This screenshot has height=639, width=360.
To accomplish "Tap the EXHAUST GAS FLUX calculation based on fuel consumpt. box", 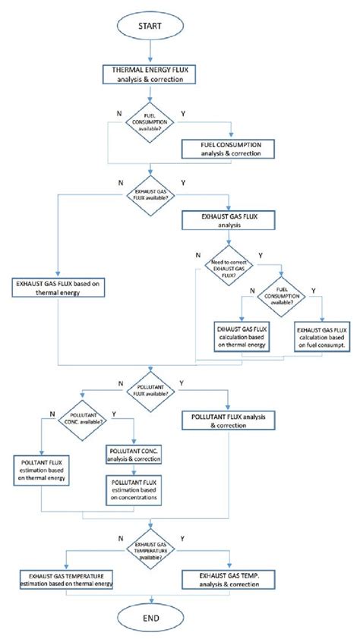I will point(323,334).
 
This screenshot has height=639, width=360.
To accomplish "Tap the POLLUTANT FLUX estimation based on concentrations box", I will point(134,491).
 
